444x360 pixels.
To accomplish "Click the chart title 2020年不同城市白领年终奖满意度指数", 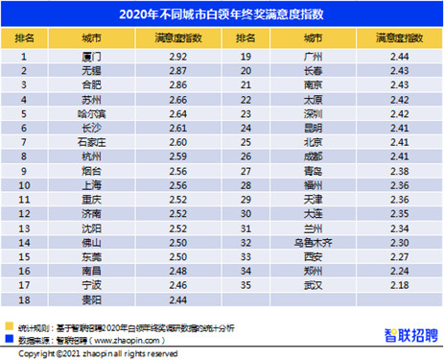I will point(222,14).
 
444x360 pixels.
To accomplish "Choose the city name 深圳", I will point(312,112).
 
